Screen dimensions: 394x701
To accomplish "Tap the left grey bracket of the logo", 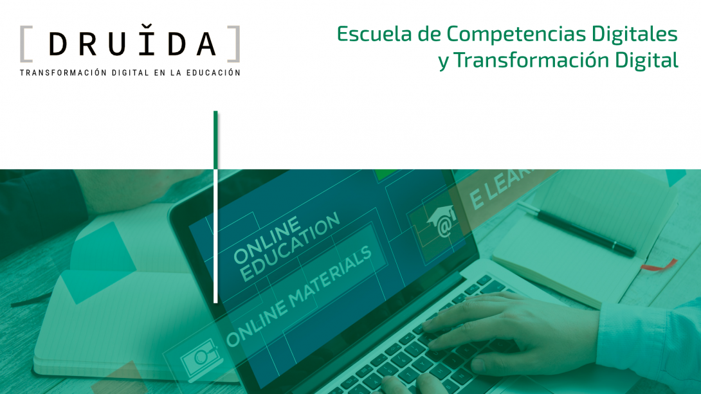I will pos(24,44).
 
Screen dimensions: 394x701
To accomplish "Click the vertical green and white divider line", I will pos(215,206).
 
